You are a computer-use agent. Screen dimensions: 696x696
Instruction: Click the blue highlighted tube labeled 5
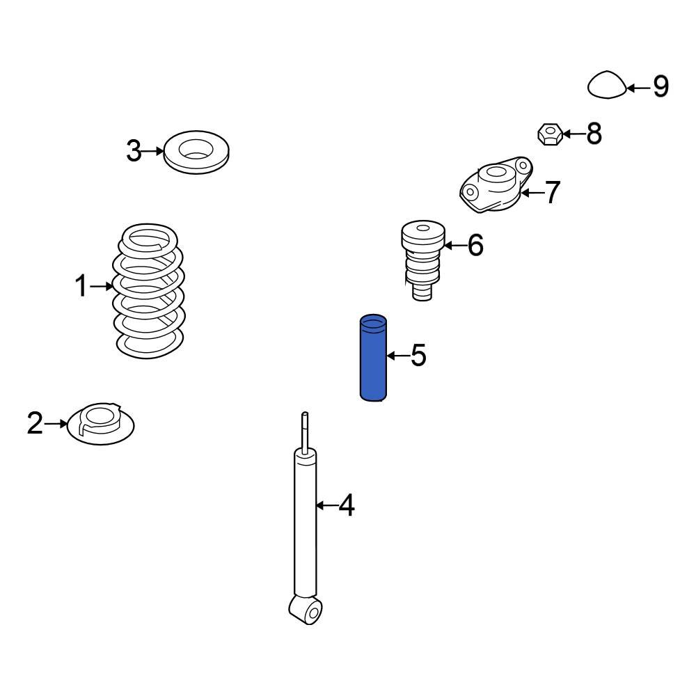pyautogui.click(x=373, y=358)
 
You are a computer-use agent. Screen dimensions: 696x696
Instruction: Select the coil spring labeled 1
pyautogui.click(x=148, y=291)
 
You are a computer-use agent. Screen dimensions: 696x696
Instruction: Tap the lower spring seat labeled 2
pyautogui.click(x=100, y=424)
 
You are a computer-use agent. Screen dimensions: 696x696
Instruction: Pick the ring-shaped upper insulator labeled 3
pyautogui.click(x=196, y=152)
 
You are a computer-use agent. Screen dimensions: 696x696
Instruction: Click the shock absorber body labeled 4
pyautogui.click(x=306, y=524)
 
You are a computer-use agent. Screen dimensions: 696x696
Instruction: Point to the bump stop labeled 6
pyautogui.click(x=422, y=260)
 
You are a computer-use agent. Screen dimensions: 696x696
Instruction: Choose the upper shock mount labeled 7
pyautogui.click(x=496, y=184)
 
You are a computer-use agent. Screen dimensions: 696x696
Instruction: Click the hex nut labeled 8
pyautogui.click(x=551, y=134)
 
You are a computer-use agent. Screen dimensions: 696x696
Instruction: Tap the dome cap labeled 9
pyautogui.click(x=607, y=84)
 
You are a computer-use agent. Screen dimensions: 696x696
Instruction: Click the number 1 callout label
pyautogui.click(x=81, y=285)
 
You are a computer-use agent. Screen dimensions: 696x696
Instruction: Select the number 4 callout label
pyautogui.click(x=347, y=505)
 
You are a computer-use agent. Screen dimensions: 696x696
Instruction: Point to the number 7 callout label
pyautogui.click(x=552, y=192)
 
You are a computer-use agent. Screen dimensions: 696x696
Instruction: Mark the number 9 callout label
pyautogui.click(x=661, y=86)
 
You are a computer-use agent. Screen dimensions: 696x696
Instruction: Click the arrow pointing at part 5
pyautogui.click(x=397, y=356)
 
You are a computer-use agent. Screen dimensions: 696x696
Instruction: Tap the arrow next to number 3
pyautogui.click(x=153, y=151)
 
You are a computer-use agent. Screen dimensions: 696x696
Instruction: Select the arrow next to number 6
pyautogui.click(x=454, y=245)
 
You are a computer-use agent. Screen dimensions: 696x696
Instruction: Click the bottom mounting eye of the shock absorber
pyautogui.click(x=306, y=610)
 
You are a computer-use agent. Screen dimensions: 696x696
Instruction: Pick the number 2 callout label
pyautogui.click(x=35, y=423)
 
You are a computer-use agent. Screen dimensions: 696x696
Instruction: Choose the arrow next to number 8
pyautogui.click(x=574, y=134)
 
